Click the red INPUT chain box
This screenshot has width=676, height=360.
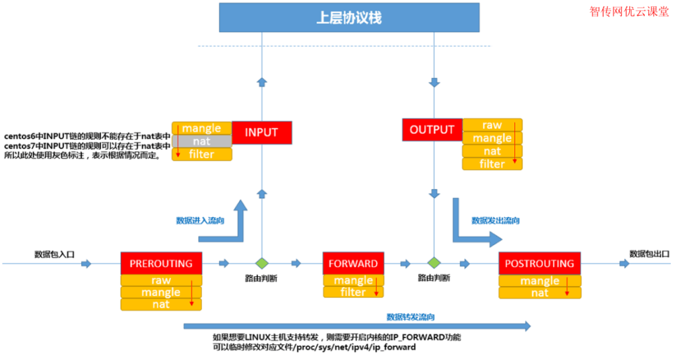click(x=261, y=133)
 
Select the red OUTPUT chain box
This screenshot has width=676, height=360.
click(x=432, y=129)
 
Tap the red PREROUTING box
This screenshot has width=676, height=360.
click(x=161, y=264)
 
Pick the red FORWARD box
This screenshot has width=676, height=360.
click(x=353, y=264)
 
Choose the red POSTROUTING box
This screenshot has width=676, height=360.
click(x=539, y=264)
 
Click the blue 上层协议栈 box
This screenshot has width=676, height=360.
click(x=349, y=18)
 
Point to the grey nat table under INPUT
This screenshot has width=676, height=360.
click(x=202, y=141)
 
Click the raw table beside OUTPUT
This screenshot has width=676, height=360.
click(x=492, y=125)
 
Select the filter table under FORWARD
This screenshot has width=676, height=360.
click(x=353, y=293)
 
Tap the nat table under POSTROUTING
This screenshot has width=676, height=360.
click(x=540, y=293)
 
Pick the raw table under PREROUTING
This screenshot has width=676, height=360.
click(x=161, y=280)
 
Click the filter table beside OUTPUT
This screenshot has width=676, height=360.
click(x=492, y=164)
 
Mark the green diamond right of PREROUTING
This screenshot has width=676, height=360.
click(x=261, y=263)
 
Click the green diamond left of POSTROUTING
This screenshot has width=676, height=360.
click(x=434, y=262)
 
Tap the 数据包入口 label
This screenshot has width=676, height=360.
click(x=54, y=254)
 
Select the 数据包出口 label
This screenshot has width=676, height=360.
click(x=650, y=254)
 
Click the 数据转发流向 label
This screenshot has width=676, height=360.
click(x=411, y=317)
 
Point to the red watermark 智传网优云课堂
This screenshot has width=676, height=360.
click(x=629, y=12)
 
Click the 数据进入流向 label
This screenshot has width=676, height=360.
click(x=200, y=221)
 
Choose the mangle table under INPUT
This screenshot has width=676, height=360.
click(x=202, y=128)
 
